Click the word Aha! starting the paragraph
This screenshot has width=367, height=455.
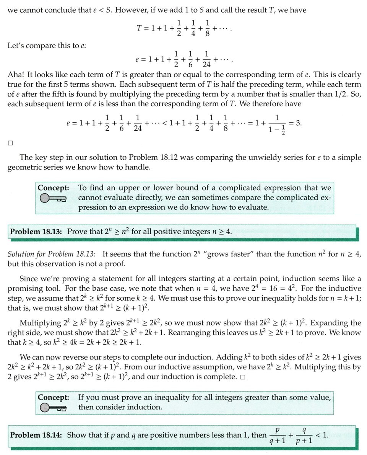coord(16,75)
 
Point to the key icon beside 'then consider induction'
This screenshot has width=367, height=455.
coord(52,407)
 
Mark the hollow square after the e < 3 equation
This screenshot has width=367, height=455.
coord(10,143)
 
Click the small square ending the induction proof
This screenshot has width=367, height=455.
coord(243,378)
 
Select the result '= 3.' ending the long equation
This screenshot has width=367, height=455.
coord(296,123)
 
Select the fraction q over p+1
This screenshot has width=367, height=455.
coord(304,435)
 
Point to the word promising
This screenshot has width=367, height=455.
coord(26,289)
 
